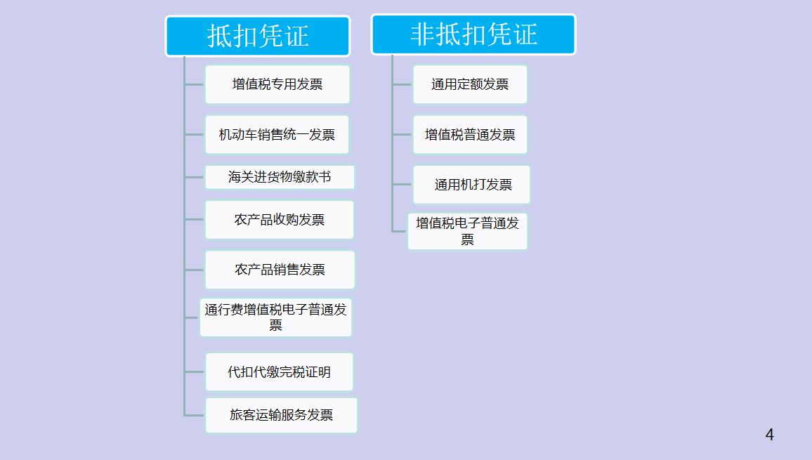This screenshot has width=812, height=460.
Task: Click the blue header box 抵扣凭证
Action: pyautogui.click(x=257, y=36)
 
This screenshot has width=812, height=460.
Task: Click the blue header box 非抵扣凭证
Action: pyautogui.click(x=473, y=34)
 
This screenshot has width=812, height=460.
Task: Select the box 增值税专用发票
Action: pyautogui.click(x=277, y=84)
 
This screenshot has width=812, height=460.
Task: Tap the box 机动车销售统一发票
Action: pyautogui.click(x=277, y=134)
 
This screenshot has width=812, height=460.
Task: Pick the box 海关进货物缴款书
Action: pyautogui.click(x=280, y=177)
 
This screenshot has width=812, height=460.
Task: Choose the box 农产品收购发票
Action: pyautogui.click(x=280, y=220)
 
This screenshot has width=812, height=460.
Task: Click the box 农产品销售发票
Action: pyautogui.click(x=280, y=270)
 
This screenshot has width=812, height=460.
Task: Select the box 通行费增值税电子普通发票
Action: pyautogui.click(x=275, y=317)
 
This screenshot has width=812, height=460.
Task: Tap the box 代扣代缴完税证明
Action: pyautogui.click(x=279, y=372)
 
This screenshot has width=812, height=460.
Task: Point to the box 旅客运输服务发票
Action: pyautogui.click(x=281, y=415)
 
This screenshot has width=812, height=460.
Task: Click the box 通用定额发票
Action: pyautogui.click(x=469, y=84)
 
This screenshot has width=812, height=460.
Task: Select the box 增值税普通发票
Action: pyautogui.click(x=469, y=134)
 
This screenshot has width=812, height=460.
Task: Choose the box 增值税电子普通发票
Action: pyautogui.click(x=467, y=231)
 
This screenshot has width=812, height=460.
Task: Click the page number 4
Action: pyautogui.click(x=769, y=435)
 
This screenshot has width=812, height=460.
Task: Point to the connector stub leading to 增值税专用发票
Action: pyautogui.click(x=195, y=84)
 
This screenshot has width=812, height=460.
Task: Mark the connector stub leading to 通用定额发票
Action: pyautogui.click(x=402, y=84)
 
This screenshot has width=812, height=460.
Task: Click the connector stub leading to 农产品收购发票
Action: pyautogui.click(x=195, y=220)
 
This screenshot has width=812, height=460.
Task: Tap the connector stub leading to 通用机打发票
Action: pyautogui.click(x=402, y=185)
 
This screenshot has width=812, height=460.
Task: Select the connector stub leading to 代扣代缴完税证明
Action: pyautogui.click(x=195, y=372)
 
